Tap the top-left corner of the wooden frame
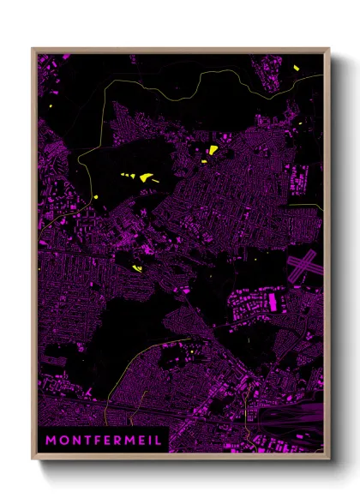pyautogui.click(x=32, y=49)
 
